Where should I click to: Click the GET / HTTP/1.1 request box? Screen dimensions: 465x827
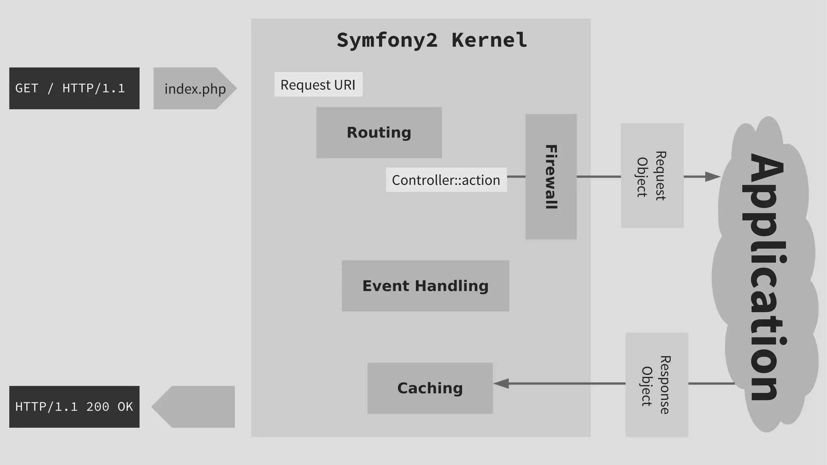[74, 88]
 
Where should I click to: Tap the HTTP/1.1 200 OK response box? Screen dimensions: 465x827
[74, 406]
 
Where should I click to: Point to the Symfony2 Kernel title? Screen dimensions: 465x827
[432, 40]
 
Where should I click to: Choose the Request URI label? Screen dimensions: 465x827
[318, 85]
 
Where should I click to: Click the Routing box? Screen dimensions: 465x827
[379, 132]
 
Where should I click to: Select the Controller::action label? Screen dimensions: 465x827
[446, 180]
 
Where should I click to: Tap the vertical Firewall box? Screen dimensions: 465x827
[551, 176]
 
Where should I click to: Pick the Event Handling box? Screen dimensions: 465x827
[425, 286]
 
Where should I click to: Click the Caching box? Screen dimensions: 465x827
[430, 388]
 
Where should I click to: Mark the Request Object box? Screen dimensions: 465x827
[652, 175]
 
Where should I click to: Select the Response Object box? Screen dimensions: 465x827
[657, 384]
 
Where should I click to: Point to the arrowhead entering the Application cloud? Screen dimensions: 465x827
[713, 176]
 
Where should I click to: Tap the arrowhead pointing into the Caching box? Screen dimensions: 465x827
[501, 383]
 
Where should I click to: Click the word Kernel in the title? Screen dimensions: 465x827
[489, 40]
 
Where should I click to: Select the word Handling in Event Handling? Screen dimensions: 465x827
[451, 286]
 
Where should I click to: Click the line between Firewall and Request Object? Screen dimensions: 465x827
[598, 176]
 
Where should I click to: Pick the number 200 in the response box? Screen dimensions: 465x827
[97, 406]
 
